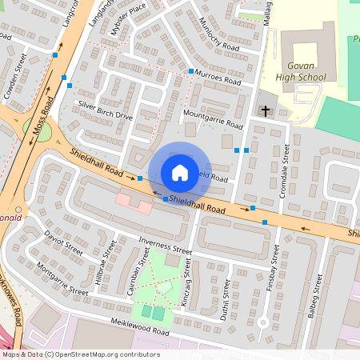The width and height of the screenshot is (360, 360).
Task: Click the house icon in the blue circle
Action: pyautogui.click(x=180, y=172)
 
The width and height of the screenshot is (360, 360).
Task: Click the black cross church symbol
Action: pyautogui.click(x=266, y=110)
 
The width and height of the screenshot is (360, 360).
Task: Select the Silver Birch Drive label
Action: pyautogui.click(x=104, y=110)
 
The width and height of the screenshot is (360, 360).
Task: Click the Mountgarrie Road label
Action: pyautogui.click(x=212, y=119)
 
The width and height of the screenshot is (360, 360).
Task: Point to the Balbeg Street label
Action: pyautogui.click(x=318, y=296)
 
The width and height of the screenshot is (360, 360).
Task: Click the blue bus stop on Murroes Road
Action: pyautogui.click(x=190, y=71)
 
